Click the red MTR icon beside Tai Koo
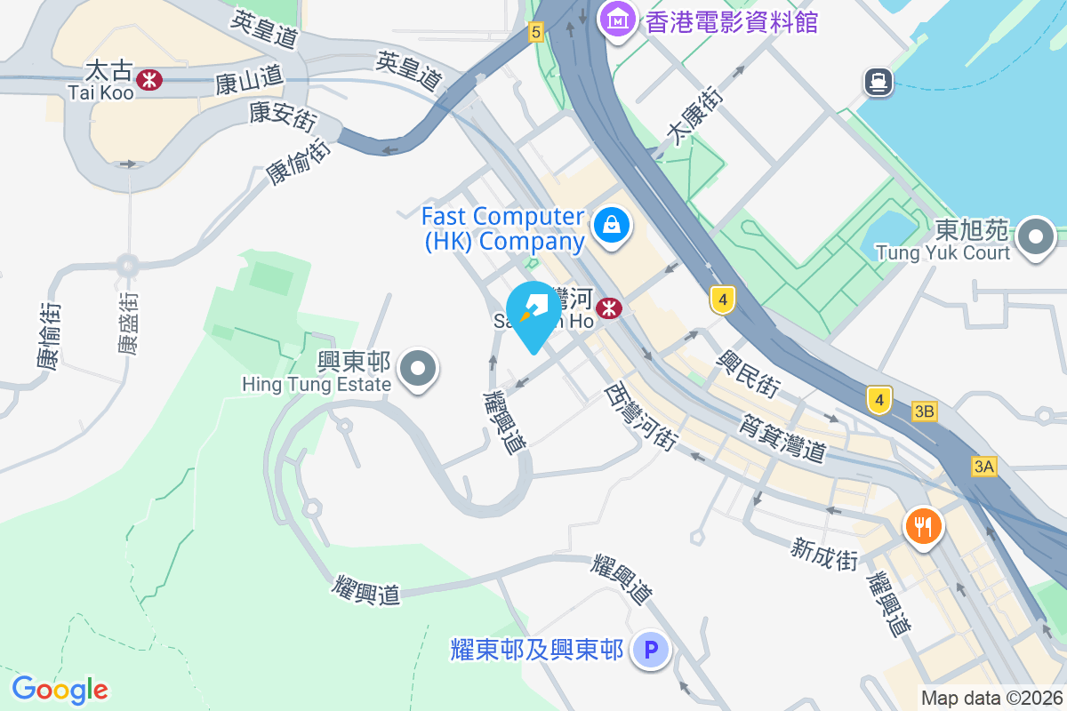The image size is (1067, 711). click(x=150, y=80)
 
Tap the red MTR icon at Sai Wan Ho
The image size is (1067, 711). click(x=609, y=308)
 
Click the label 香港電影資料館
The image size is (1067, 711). click(x=731, y=21)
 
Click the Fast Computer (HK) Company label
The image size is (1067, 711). click(x=503, y=228)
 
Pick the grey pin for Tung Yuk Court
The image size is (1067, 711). click(x=1036, y=237)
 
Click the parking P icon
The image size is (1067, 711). click(x=650, y=651)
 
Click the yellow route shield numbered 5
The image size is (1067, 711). click(x=534, y=32)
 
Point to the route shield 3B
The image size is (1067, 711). click(x=925, y=411)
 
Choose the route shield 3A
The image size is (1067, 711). click(x=983, y=467)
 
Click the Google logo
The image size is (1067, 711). click(x=60, y=690)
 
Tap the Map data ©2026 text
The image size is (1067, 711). click(x=991, y=699)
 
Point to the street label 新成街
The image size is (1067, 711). click(x=824, y=550)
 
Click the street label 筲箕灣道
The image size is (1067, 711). click(x=783, y=439)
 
